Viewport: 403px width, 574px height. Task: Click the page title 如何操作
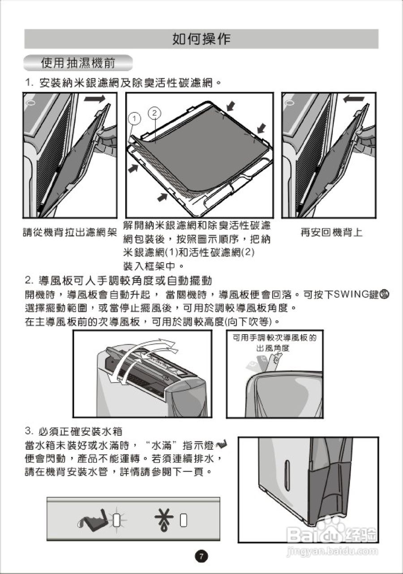pos(201,39)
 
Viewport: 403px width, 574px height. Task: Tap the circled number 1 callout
pos(133,119)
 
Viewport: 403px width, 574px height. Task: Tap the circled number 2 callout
pos(154,112)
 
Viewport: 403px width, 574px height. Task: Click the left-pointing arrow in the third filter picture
pos(352,98)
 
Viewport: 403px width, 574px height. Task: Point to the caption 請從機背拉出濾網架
pos(70,233)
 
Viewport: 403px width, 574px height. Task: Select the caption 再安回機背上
pos(331,232)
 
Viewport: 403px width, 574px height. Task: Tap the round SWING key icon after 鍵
pos(385,295)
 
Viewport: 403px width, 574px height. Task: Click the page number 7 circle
pos(201,557)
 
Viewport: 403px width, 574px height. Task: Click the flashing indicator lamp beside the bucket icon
pos(117,520)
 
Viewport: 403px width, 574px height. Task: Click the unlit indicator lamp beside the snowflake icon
pos(183,520)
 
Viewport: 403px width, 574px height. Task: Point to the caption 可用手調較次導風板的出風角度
pos(273,343)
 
